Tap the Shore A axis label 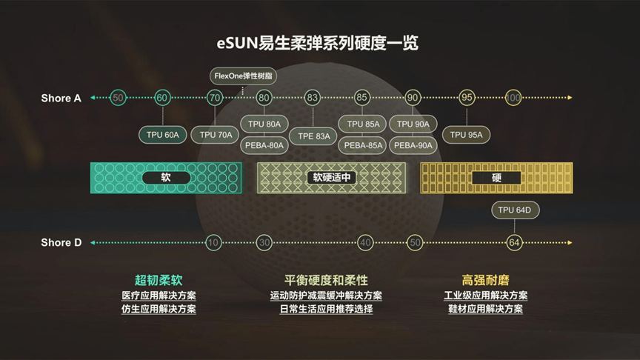(61, 98)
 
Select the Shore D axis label (61, 242)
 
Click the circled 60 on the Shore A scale (162, 97)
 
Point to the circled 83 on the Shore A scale (313, 97)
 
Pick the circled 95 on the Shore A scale (467, 97)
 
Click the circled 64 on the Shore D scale (516, 242)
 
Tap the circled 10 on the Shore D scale (213, 242)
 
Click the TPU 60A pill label (163, 135)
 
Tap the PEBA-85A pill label (363, 145)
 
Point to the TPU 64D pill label (516, 210)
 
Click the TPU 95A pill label (467, 135)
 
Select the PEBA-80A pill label (264, 145)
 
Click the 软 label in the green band (166, 178)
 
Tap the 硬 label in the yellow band (496, 178)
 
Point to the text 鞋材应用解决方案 (485, 309)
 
